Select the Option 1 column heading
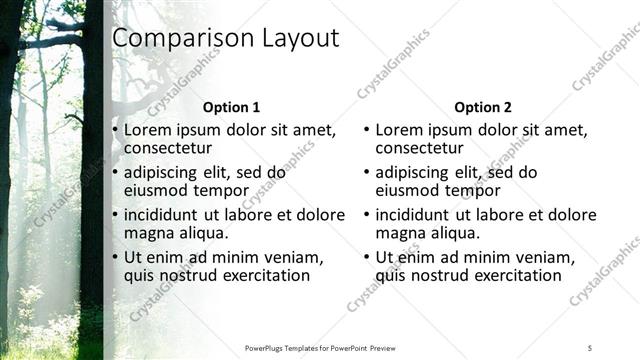click(231, 107)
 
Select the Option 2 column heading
click(482, 107)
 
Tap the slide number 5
click(590, 347)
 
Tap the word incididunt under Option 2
click(419, 215)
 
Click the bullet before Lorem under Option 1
click(115, 130)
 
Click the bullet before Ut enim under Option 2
click(366, 257)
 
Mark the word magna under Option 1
click(148, 233)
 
